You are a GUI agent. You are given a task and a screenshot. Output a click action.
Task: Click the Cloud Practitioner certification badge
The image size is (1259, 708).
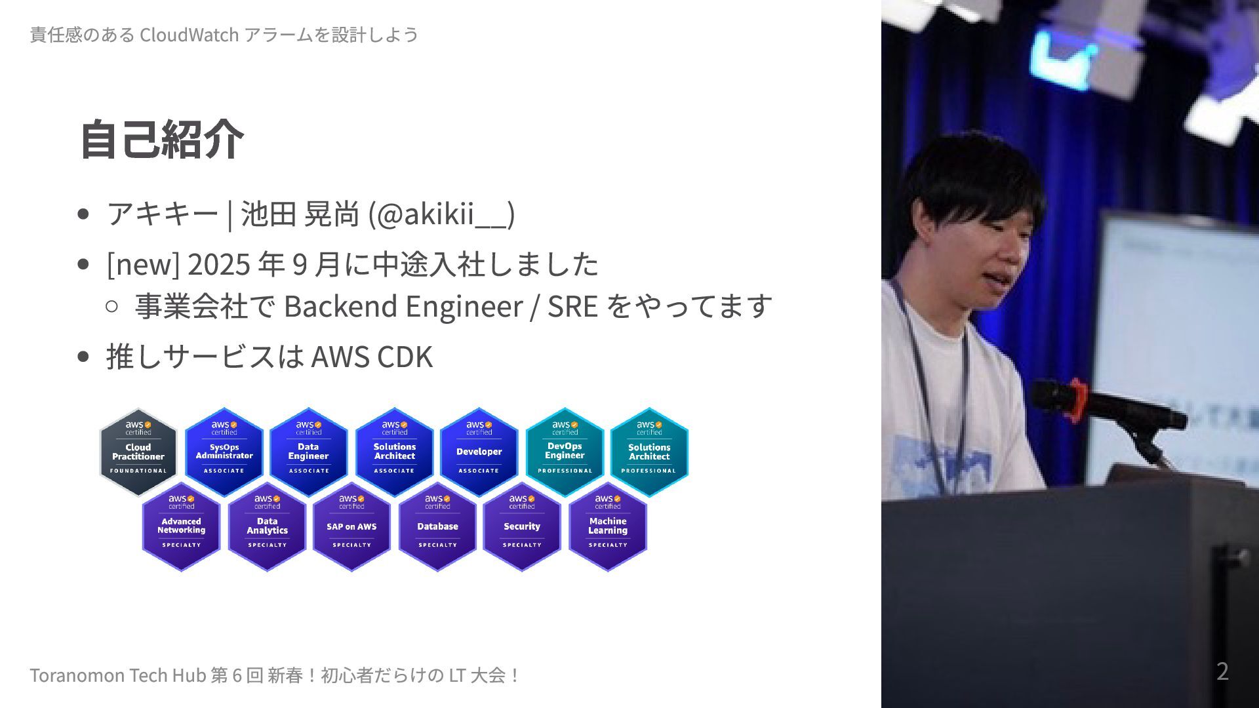(x=138, y=452)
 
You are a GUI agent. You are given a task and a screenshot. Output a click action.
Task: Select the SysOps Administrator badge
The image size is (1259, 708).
(x=224, y=452)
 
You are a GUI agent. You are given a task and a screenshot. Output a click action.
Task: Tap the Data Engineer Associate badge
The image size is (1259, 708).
(x=308, y=452)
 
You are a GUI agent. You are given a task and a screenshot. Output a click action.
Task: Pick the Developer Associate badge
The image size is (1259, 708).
(x=479, y=452)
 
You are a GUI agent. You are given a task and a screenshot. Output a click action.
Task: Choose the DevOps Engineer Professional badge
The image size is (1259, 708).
(x=565, y=452)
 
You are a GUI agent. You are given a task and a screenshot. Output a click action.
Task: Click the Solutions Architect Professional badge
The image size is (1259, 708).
(x=649, y=452)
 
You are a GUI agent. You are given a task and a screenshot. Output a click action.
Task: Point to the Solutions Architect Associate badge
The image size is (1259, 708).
(x=394, y=452)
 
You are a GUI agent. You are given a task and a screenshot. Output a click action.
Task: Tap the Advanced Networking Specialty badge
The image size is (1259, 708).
(x=181, y=526)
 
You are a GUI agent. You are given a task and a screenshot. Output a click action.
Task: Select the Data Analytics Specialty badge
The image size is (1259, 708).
(x=267, y=526)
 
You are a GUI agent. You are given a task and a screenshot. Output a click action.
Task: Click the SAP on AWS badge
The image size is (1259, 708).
(x=351, y=526)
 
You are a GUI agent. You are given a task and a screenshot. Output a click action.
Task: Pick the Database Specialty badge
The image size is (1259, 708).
(x=437, y=526)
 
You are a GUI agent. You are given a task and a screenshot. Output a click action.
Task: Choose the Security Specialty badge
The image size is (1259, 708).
(x=522, y=526)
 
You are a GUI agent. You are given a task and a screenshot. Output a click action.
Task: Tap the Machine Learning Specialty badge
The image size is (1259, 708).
(x=608, y=526)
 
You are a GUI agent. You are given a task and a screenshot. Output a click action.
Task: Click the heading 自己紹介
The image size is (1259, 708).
(x=161, y=139)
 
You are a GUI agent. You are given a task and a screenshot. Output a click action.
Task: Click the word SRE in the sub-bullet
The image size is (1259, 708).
(x=572, y=306)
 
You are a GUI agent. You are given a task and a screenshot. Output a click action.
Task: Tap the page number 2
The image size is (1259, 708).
(x=1222, y=671)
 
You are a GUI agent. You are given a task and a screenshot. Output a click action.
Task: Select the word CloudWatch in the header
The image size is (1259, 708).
(x=189, y=35)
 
